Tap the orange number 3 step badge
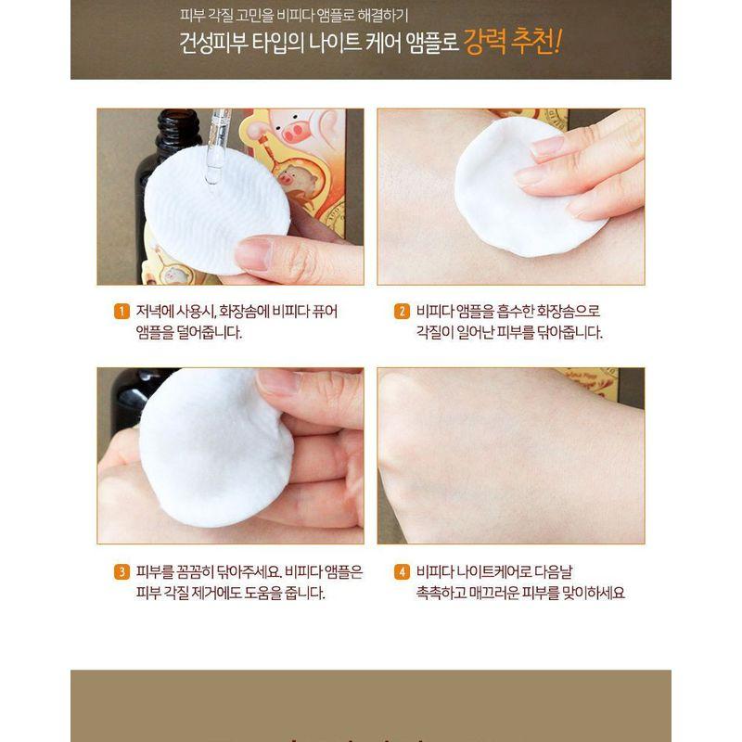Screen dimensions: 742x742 click(121, 571)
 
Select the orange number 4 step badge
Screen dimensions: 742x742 click(403, 571)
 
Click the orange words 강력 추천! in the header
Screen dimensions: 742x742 click(512, 44)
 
